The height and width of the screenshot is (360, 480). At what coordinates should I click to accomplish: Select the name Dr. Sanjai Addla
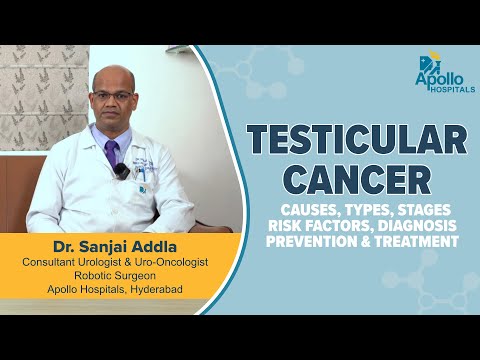tap(114, 244)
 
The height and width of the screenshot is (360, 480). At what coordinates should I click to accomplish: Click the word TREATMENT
tap(411, 241)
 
